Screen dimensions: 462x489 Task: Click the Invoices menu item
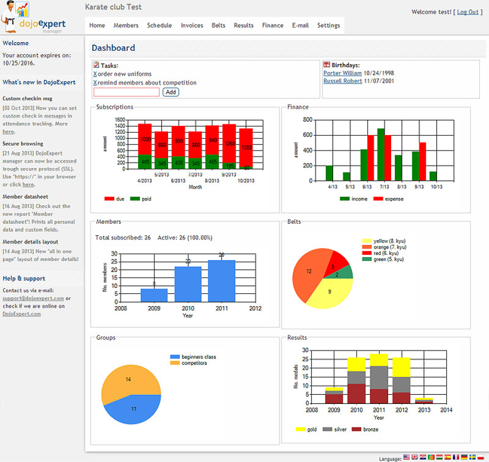click(x=192, y=25)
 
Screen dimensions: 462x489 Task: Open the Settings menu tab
click(x=329, y=25)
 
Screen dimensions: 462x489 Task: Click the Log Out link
click(x=468, y=12)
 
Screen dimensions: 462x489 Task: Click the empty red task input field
click(x=126, y=92)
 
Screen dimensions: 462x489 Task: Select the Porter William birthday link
click(x=342, y=73)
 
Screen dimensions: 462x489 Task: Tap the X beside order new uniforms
click(x=95, y=74)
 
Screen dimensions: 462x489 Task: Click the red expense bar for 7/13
click(x=388, y=158)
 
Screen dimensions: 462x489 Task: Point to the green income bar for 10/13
click(x=433, y=176)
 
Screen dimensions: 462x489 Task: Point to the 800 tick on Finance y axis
click(x=307, y=120)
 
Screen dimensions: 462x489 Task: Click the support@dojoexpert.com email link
click(x=33, y=298)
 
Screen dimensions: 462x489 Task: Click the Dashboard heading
click(x=113, y=48)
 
